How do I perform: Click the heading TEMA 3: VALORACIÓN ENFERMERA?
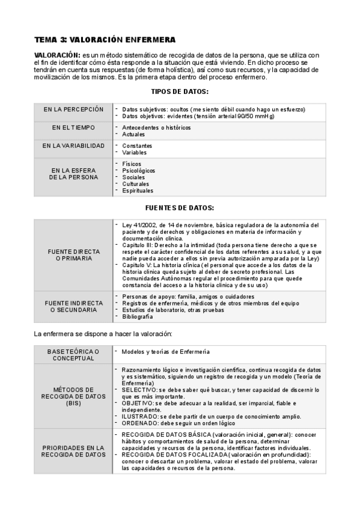pos(105,40)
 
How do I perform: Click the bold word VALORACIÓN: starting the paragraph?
pos(57,55)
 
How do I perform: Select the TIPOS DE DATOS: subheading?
pos(179,91)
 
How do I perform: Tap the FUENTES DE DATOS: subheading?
pos(179,207)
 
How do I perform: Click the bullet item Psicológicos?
pos(138,171)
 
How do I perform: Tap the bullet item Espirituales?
pos(138,191)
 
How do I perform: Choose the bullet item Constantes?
pos(137,146)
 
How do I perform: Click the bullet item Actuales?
pos(133,135)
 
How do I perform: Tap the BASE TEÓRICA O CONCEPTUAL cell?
pos(73,355)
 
